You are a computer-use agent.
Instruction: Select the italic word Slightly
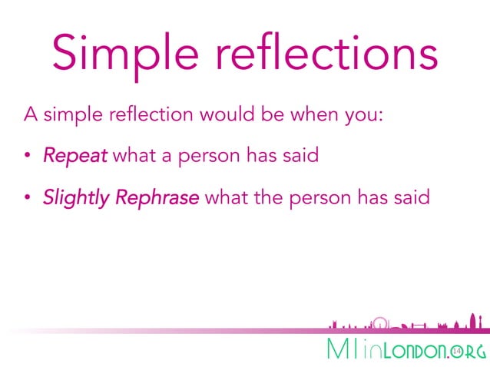click(76, 197)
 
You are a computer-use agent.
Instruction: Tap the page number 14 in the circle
click(457, 350)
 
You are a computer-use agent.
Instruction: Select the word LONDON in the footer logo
click(416, 351)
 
